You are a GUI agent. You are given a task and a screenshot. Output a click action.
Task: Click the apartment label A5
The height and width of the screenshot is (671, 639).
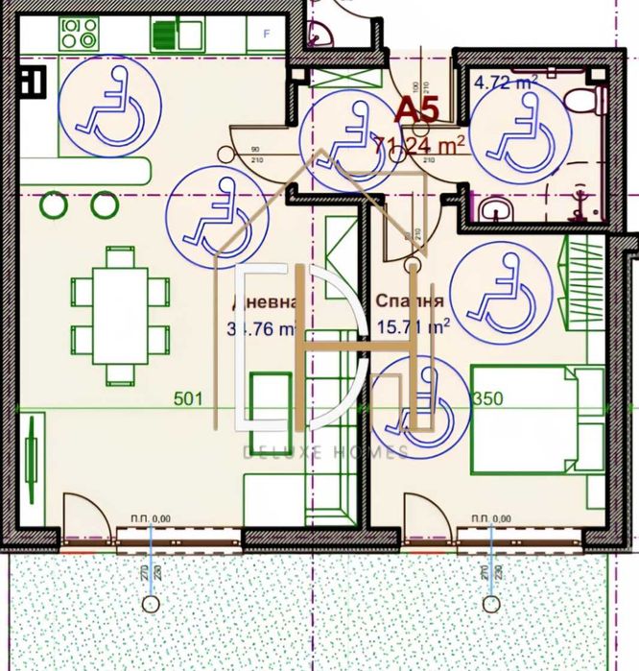pos(417,108)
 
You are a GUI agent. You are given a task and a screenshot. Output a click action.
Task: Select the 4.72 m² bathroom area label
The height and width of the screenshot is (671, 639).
pos(505,83)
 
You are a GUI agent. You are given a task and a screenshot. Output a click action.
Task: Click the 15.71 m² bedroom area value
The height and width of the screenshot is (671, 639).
pos(414,327)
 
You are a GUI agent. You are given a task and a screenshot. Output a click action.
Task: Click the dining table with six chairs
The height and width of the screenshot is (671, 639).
pos(120,315)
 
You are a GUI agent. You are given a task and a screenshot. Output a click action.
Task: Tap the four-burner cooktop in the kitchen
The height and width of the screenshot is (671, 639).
pos(78,35)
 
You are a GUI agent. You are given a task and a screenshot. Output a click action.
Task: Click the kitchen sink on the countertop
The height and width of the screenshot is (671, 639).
pos(177,35)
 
